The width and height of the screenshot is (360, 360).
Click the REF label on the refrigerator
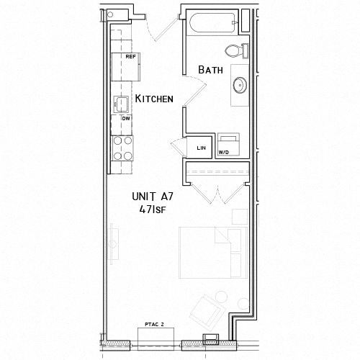(x=130, y=56)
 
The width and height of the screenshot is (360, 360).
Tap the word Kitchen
(x=154, y=99)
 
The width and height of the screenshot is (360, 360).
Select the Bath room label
(x=210, y=69)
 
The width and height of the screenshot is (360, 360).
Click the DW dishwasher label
(x=125, y=118)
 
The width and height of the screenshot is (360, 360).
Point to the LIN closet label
(x=201, y=148)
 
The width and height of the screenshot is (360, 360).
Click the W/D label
(x=223, y=153)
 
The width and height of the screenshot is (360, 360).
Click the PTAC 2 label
(x=154, y=325)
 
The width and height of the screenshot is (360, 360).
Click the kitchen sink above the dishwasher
(x=121, y=104)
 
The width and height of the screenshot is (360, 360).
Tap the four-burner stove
(x=123, y=147)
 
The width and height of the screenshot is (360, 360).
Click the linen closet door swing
(x=179, y=146)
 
